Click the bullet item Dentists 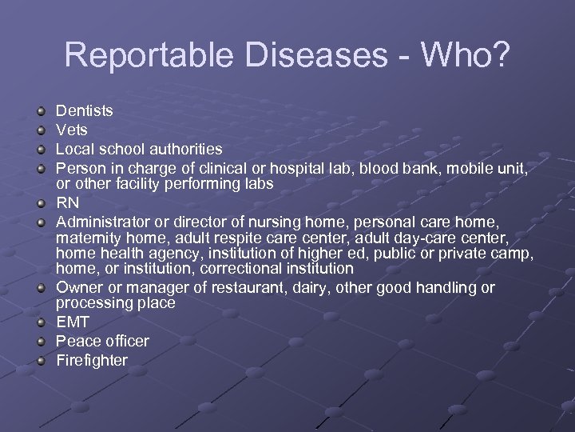click(84, 111)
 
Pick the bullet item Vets click(72, 130)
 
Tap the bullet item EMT click(72, 322)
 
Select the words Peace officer click(102, 342)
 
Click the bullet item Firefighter click(92, 361)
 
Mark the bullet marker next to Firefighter click(42, 361)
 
